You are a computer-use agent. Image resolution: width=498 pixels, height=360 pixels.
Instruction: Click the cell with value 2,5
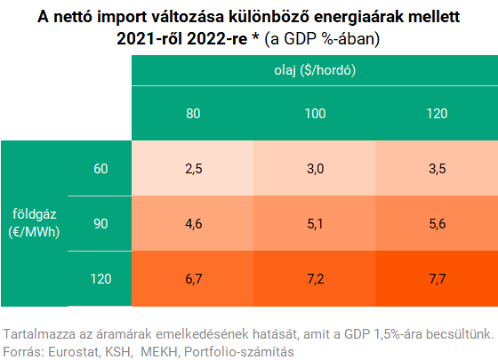click(193, 168)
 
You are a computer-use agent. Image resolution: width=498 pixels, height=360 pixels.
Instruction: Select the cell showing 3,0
click(315, 168)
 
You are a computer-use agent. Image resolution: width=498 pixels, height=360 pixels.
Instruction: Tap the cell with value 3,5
click(437, 168)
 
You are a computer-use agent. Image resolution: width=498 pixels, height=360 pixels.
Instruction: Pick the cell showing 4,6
click(193, 223)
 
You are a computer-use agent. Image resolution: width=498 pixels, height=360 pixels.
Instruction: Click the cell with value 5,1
click(315, 223)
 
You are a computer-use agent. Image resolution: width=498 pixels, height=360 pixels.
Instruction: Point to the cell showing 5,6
click(437, 223)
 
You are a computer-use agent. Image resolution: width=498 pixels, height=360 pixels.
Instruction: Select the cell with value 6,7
click(193, 279)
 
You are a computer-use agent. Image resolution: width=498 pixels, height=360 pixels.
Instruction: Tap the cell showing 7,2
click(315, 279)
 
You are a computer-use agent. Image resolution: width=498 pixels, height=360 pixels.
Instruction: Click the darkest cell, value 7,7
click(437, 279)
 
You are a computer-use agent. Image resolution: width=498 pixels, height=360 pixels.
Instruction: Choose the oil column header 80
click(193, 114)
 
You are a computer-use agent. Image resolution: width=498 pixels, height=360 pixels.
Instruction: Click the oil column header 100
click(315, 114)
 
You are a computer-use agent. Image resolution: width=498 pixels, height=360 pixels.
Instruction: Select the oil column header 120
click(437, 114)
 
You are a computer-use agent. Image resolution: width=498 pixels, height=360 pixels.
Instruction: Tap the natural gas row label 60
click(100, 169)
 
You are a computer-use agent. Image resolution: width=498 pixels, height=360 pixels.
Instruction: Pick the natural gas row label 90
click(100, 224)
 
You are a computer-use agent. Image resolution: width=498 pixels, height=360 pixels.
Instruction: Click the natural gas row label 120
click(100, 279)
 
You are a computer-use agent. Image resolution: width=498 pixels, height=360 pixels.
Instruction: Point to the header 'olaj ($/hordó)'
click(315, 70)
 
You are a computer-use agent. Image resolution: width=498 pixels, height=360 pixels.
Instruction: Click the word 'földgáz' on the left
click(35, 214)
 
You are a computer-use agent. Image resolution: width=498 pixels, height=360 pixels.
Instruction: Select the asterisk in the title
click(255, 37)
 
